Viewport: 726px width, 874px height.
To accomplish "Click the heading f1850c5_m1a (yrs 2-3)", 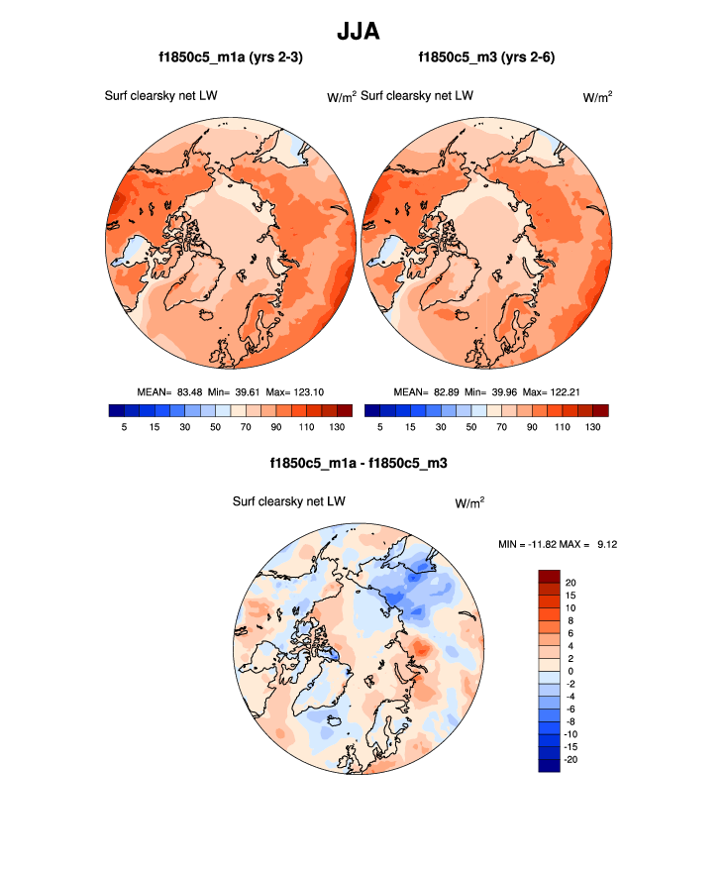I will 230,58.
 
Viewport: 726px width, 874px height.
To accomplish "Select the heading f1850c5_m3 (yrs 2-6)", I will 485,58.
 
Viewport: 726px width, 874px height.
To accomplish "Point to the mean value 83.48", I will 189,391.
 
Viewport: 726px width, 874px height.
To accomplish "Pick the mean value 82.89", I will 447,391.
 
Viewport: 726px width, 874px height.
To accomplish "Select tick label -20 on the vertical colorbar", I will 570,758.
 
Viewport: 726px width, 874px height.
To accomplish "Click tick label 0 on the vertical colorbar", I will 569,670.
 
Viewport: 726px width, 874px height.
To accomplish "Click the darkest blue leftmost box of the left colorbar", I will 116,410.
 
